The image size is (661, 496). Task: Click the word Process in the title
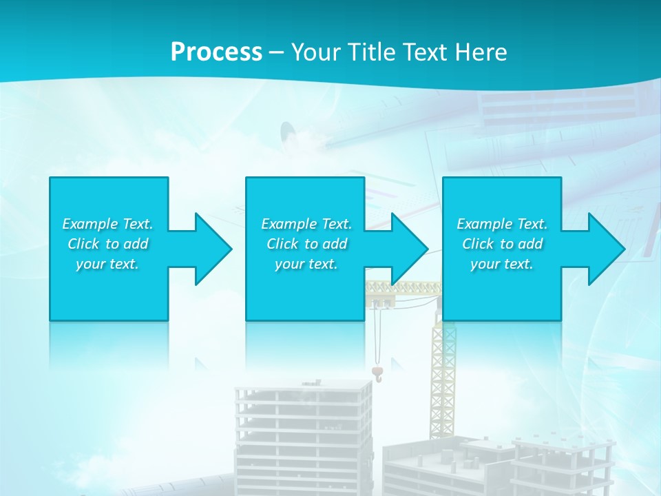coord(216,52)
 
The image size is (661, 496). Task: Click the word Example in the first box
coord(90,224)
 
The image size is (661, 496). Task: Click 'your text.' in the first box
coord(107,264)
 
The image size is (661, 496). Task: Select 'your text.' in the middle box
coord(306,264)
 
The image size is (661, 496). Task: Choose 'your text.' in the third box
coord(502,264)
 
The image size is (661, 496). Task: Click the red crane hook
coord(377,373)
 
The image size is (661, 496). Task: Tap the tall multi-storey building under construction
coord(303,434)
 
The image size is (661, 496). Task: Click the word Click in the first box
coord(83,244)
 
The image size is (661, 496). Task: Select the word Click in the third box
coord(478,244)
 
